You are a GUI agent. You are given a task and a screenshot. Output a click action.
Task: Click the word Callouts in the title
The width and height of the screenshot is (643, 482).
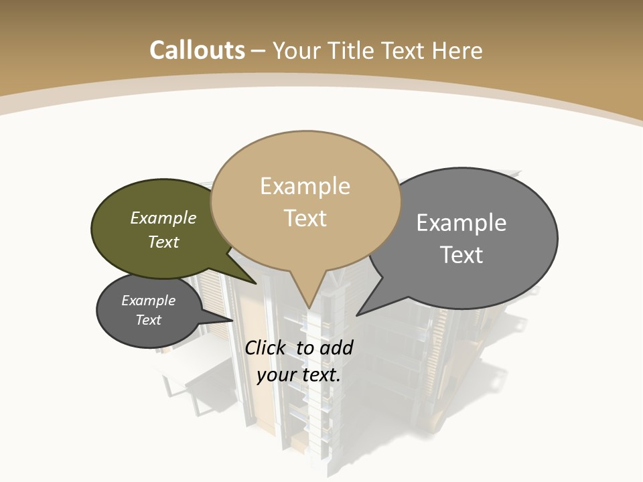point(197,50)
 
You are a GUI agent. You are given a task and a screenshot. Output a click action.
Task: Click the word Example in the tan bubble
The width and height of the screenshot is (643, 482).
point(305,186)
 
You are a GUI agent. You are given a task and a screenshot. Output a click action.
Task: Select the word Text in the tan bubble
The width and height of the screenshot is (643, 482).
point(305,218)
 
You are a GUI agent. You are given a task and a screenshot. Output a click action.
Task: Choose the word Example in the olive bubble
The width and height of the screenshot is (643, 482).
point(163,218)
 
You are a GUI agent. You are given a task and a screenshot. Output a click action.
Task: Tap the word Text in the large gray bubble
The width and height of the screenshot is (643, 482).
point(461,255)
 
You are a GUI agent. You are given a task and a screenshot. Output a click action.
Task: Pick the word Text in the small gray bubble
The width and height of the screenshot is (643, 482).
point(149,320)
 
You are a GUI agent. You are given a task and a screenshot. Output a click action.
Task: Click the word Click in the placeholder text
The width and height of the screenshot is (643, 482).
point(265,347)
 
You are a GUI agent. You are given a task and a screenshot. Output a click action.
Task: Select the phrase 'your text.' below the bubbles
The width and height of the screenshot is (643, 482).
point(299,375)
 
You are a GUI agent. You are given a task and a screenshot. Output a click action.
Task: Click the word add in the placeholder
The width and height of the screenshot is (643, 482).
point(336,347)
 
